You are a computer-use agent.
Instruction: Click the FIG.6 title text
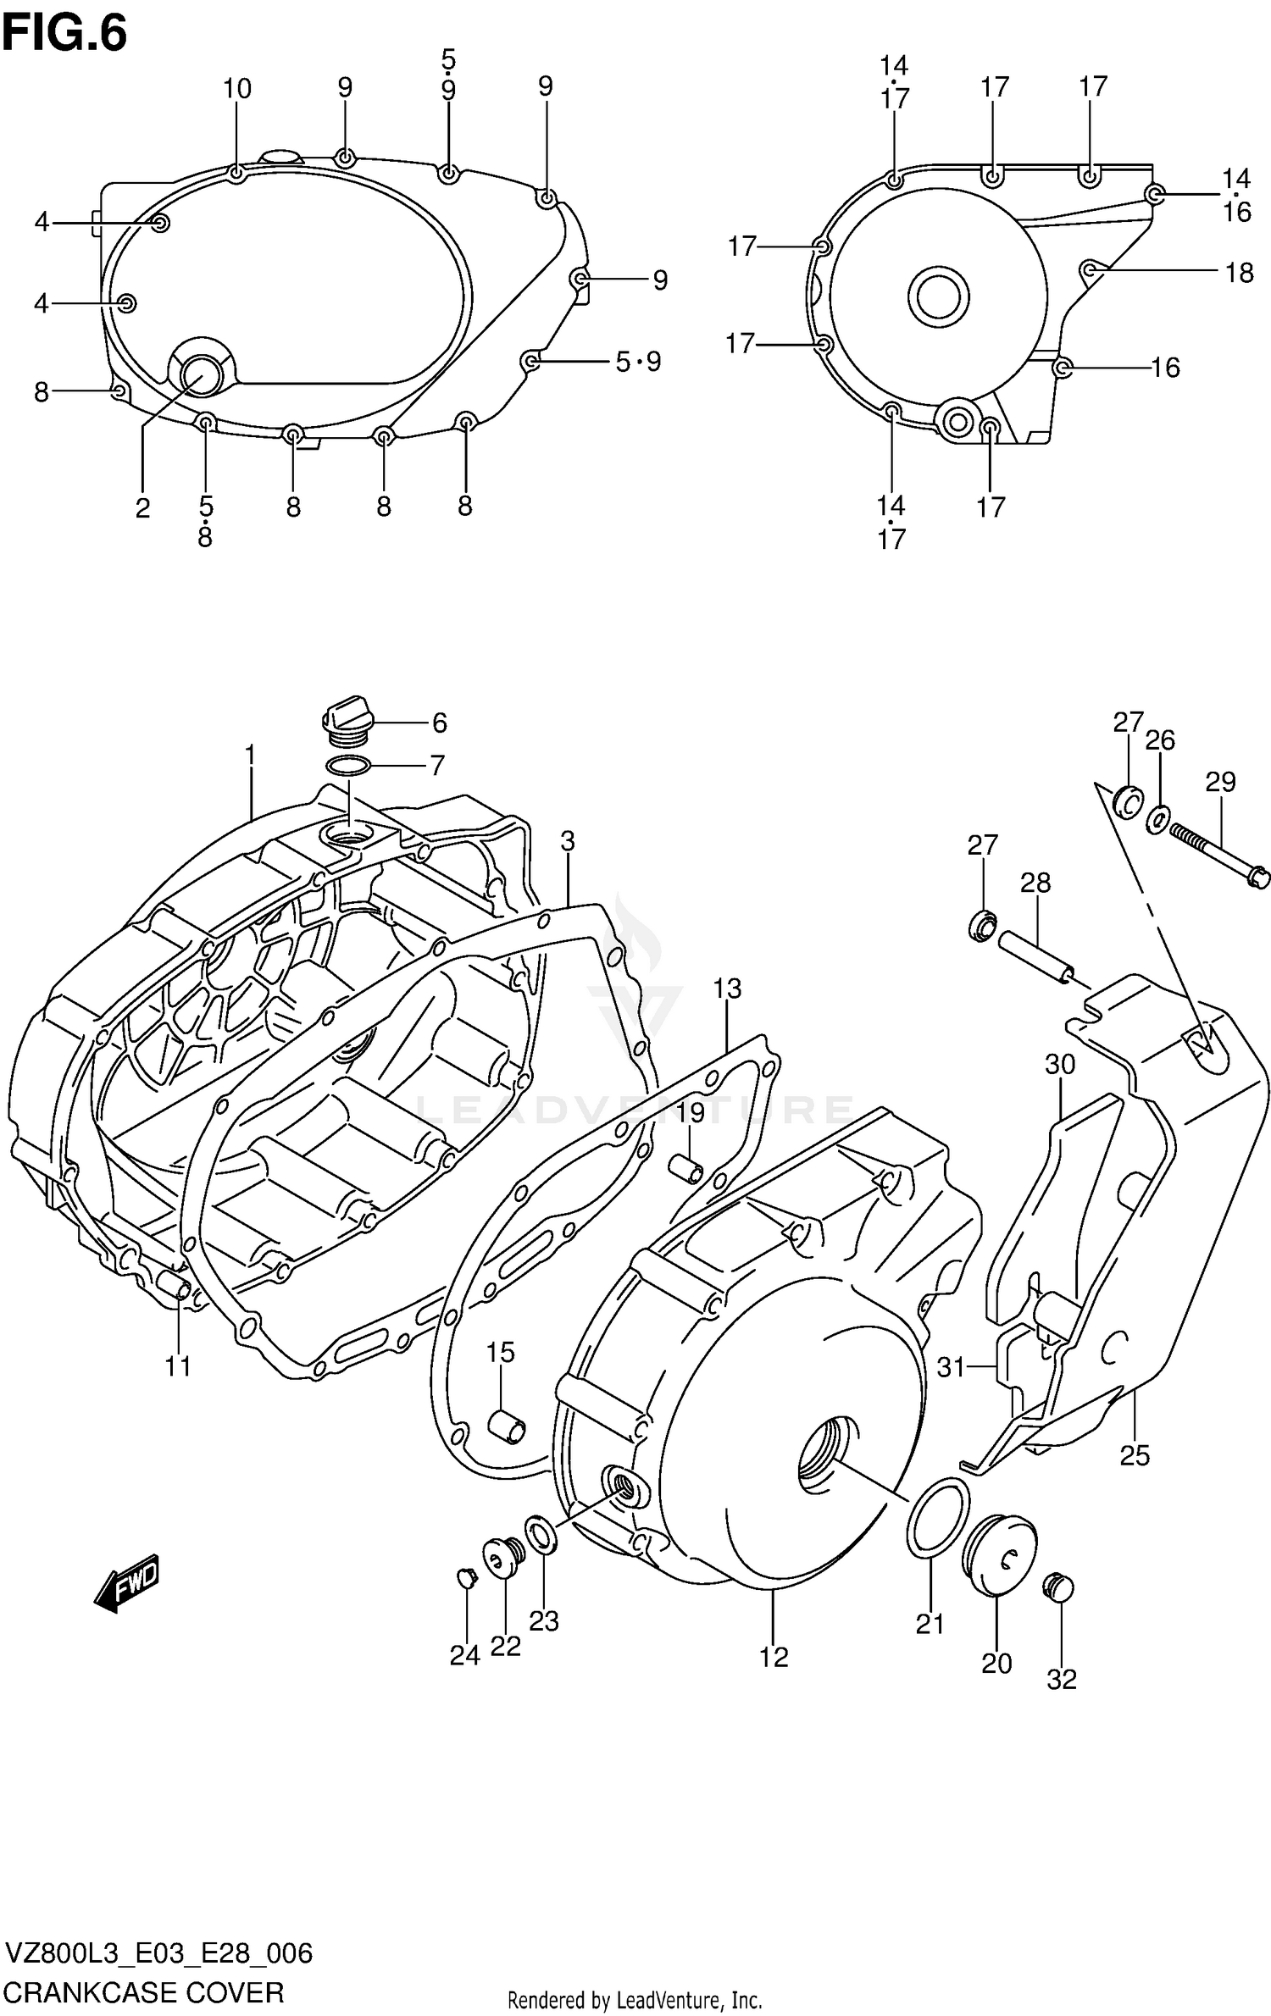pos(65,34)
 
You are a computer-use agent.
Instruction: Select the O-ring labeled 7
pos(348,767)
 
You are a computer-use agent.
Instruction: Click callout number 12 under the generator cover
pos(774,1656)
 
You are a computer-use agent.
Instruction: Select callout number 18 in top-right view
pos(1239,273)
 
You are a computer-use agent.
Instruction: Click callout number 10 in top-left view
pos(237,88)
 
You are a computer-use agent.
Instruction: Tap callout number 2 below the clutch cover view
pos(142,507)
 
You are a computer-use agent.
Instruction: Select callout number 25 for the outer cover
pos(1135,1455)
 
